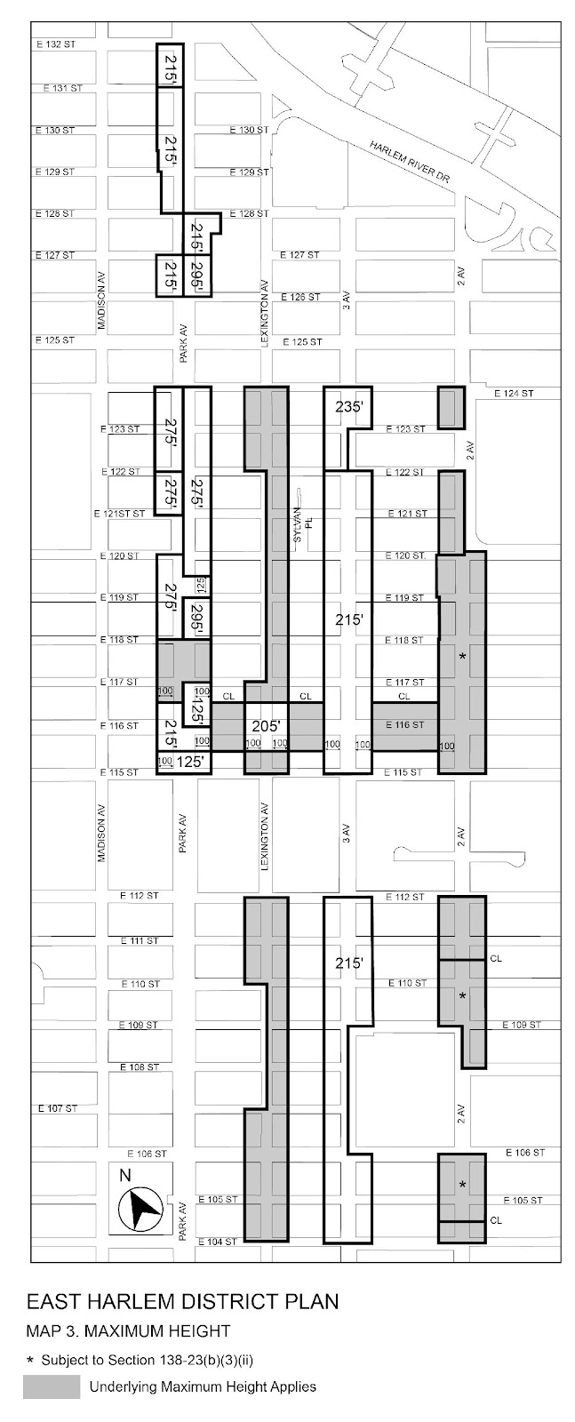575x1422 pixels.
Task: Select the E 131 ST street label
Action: (x=62, y=88)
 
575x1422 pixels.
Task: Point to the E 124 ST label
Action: (x=515, y=393)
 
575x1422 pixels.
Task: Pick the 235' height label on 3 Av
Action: (x=349, y=407)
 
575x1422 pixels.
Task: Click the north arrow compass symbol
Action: (x=140, y=1208)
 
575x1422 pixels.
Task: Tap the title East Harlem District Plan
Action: (x=182, y=1302)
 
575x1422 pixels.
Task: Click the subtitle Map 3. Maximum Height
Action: (x=128, y=1330)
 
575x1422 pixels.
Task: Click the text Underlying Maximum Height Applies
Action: (x=203, y=1386)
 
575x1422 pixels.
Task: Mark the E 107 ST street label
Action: (x=58, y=1108)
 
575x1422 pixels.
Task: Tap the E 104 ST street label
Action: (x=218, y=1241)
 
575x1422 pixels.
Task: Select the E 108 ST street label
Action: (x=140, y=1066)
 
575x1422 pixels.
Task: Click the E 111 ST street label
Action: (x=140, y=940)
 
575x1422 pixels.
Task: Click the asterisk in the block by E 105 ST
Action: (x=462, y=1186)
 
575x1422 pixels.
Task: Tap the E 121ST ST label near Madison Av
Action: (x=118, y=514)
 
